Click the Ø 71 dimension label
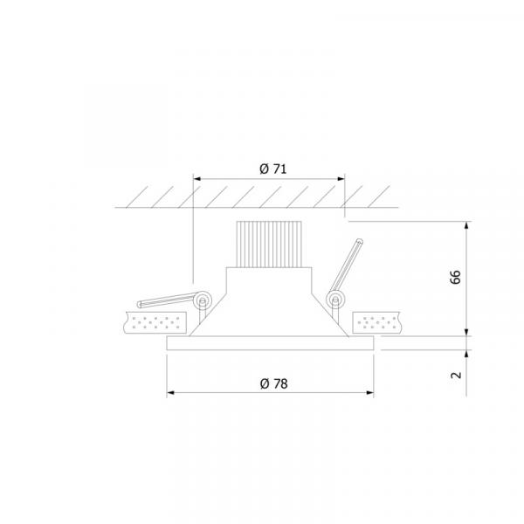273,169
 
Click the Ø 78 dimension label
273,383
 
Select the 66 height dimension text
455,277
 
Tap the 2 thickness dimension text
456,375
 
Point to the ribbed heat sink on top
269,245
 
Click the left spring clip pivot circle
203,300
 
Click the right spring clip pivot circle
335,299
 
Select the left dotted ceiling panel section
155,322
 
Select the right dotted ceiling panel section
376,322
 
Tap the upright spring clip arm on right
346,265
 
